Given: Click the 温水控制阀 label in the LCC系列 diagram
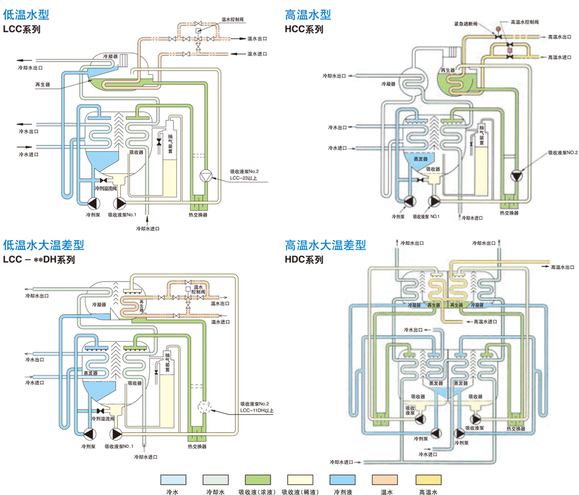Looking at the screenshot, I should coord(233,19).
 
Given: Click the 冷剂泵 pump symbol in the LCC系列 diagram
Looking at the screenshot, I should coord(93,204).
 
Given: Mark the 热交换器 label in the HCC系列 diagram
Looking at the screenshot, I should coord(509,213).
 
